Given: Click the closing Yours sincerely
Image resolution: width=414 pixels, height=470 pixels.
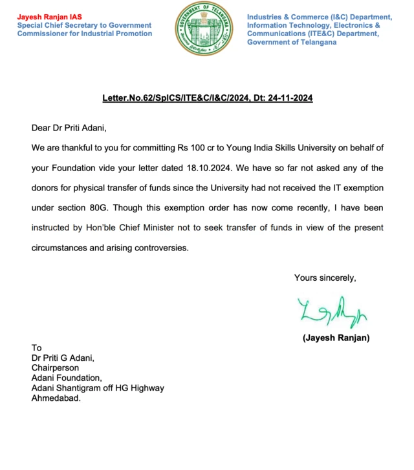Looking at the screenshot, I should pos(325,278).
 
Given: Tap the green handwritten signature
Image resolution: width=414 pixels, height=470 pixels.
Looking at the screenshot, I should pos(332,314).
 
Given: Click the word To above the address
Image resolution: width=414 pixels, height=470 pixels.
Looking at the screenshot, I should pos(37,348).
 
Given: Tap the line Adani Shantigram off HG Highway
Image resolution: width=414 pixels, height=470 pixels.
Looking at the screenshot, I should pos(98,388).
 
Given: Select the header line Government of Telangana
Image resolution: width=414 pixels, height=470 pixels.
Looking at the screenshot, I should pos(291,42).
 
